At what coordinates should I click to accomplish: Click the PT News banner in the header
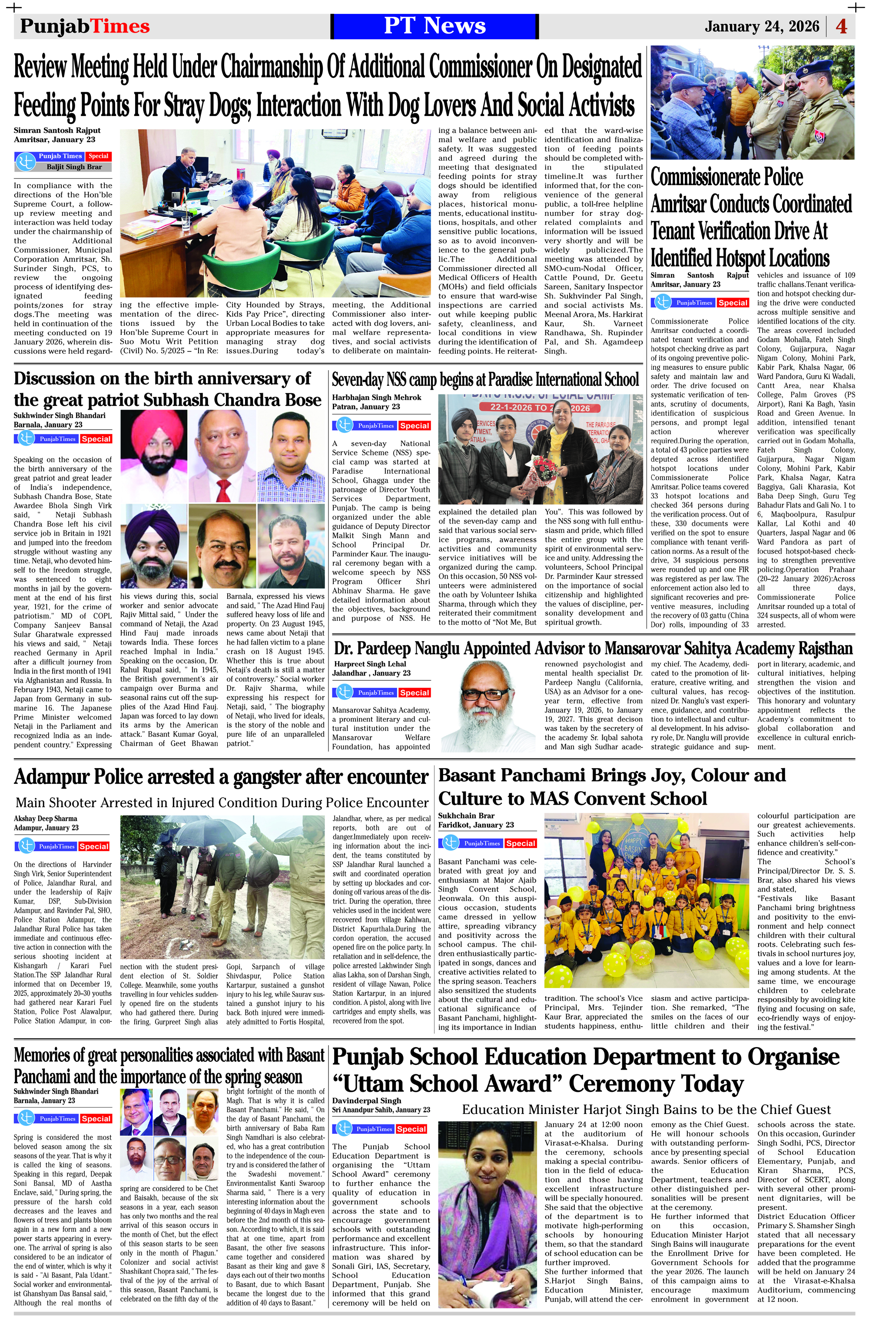click(434, 26)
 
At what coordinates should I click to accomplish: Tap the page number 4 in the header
click(841, 26)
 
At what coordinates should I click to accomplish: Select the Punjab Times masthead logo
click(84, 26)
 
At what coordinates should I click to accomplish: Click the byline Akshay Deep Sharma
click(46, 819)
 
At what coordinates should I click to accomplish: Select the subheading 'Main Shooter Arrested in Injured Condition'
click(222, 802)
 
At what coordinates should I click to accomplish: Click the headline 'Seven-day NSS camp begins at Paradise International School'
click(485, 380)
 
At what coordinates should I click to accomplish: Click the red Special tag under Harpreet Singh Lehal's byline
click(414, 693)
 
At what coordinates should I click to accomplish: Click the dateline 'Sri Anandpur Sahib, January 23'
click(381, 1110)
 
